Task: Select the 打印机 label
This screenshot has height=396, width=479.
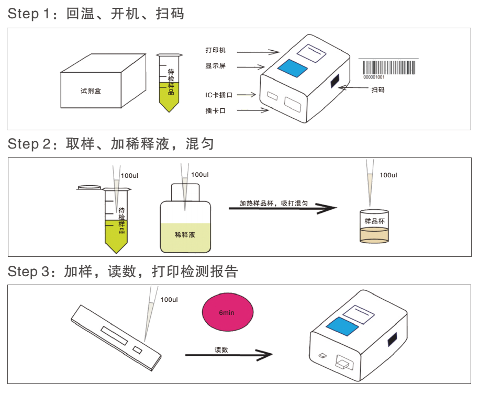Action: pyautogui.click(x=215, y=50)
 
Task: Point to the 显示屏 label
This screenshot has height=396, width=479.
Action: pyautogui.click(x=215, y=66)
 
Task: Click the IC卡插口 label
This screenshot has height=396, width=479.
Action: pyautogui.click(x=218, y=95)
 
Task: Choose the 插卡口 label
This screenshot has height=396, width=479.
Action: pyautogui.click(x=215, y=110)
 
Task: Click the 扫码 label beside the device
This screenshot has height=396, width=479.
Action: pyautogui.click(x=377, y=90)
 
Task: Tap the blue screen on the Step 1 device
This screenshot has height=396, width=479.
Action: pyautogui.click(x=292, y=68)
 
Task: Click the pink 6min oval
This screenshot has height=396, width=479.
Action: pyautogui.click(x=227, y=312)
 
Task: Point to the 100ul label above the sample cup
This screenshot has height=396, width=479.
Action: pyautogui.click(x=388, y=175)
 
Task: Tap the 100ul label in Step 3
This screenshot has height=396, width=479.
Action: pyautogui.click(x=169, y=300)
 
